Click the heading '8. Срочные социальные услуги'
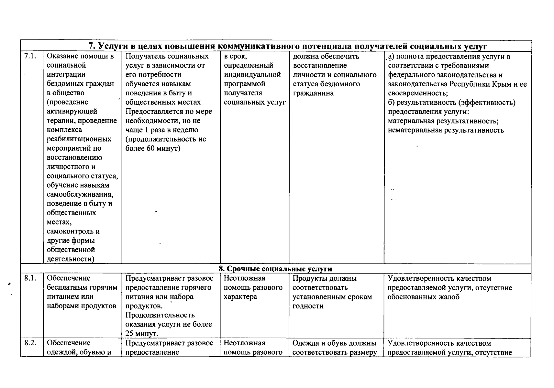tap(275, 269)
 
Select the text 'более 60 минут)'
tap(153, 148)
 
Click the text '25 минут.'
tap(142, 333)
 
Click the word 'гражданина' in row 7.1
tap(313, 93)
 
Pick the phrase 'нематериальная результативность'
tap(446, 130)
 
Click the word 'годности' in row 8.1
tap(308, 306)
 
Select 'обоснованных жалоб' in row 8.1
tap(423, 297)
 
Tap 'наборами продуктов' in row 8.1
tap(82, 306)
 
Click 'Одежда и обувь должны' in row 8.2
tap(334, 343)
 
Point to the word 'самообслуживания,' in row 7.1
tap(80, 195)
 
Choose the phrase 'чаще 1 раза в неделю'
tap(162, 130)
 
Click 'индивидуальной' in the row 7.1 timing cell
tap(252, 75)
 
